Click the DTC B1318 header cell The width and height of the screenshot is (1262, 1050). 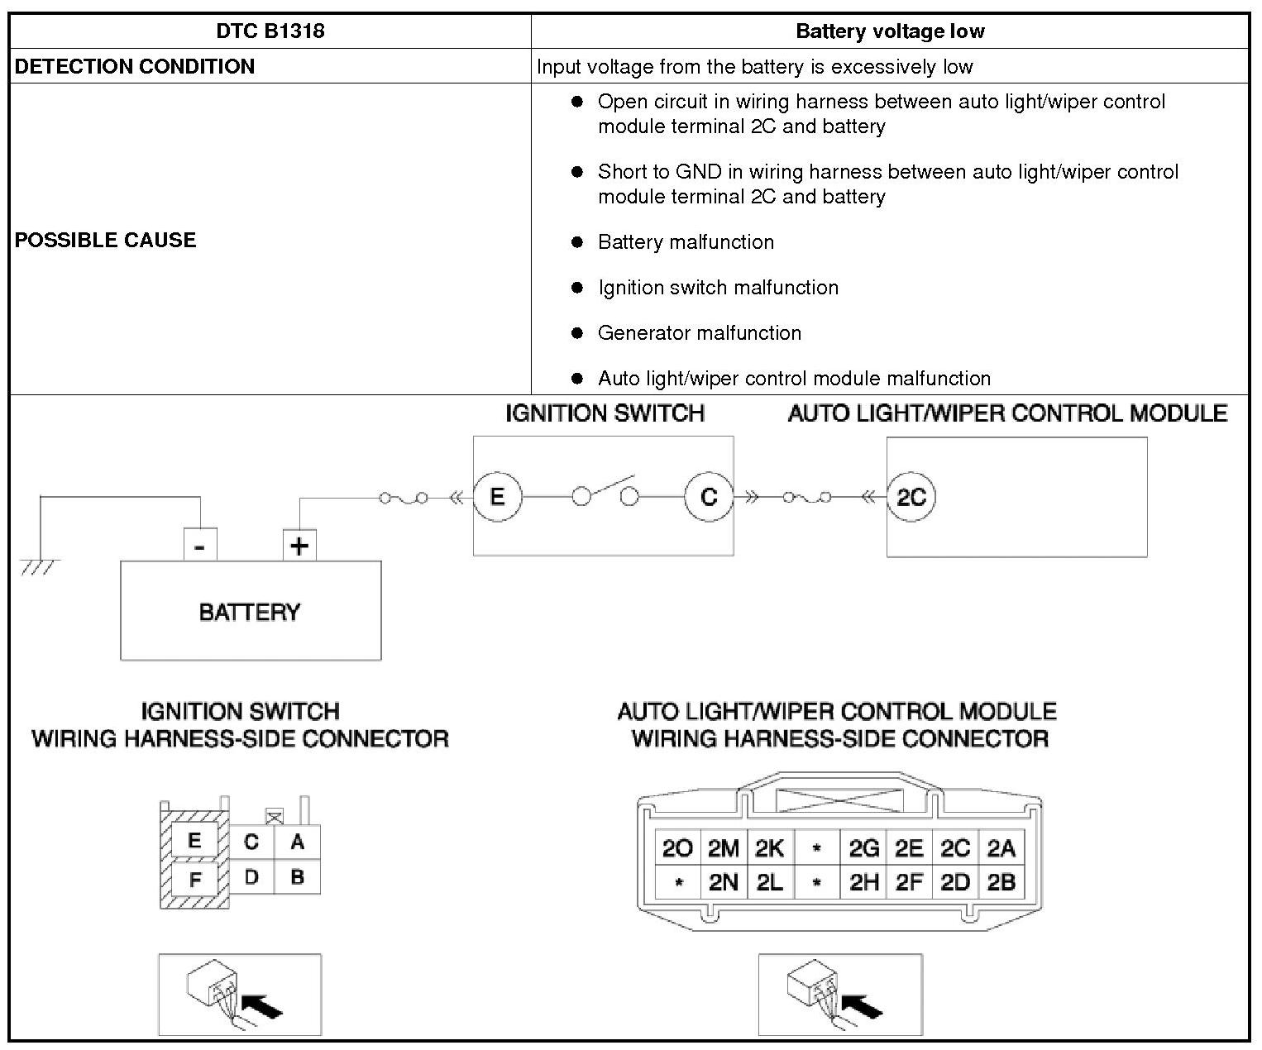270,31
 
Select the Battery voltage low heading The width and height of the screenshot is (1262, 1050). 889,31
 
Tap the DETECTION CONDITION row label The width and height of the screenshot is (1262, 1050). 135,66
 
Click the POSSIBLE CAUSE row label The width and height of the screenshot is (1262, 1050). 106,240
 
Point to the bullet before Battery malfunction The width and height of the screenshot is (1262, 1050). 577,242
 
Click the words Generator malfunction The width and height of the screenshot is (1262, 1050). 699,332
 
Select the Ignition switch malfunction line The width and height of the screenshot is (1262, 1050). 717,287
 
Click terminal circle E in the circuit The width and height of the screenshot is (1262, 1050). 497,496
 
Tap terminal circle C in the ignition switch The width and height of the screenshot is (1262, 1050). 709,496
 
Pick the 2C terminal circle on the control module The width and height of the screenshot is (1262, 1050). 911,497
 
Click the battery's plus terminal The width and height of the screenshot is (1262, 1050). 299,546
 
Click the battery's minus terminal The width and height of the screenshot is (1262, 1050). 200,546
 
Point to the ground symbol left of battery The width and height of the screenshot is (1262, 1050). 40,566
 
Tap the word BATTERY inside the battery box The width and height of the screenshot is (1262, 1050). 250,612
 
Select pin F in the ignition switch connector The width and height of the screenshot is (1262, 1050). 195,880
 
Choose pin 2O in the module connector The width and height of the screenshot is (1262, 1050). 677,848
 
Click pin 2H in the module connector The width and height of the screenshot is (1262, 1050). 863,883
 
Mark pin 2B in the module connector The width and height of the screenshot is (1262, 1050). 1001,883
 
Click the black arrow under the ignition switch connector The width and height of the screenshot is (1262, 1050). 265,1006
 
